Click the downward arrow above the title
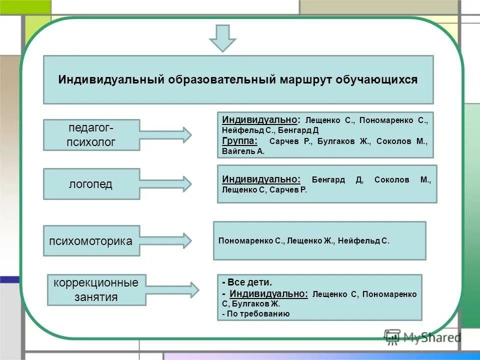point(222,38)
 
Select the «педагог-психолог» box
point(91,135)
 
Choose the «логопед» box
point(91,184)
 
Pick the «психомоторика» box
point(91,241)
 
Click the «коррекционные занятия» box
point(96,290)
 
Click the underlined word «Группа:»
point(240,141)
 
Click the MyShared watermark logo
point(422,337)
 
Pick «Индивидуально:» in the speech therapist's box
point(261,179)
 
